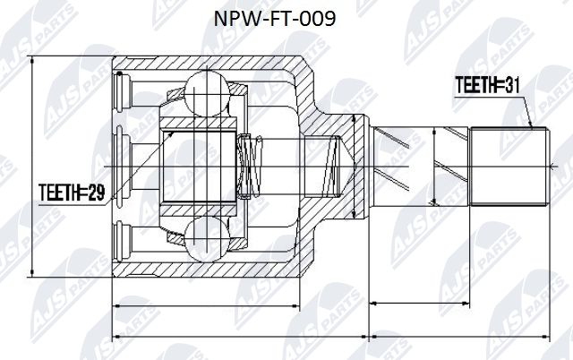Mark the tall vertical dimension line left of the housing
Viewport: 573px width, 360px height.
(32, 167)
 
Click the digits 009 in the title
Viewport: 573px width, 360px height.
(319, 19)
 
